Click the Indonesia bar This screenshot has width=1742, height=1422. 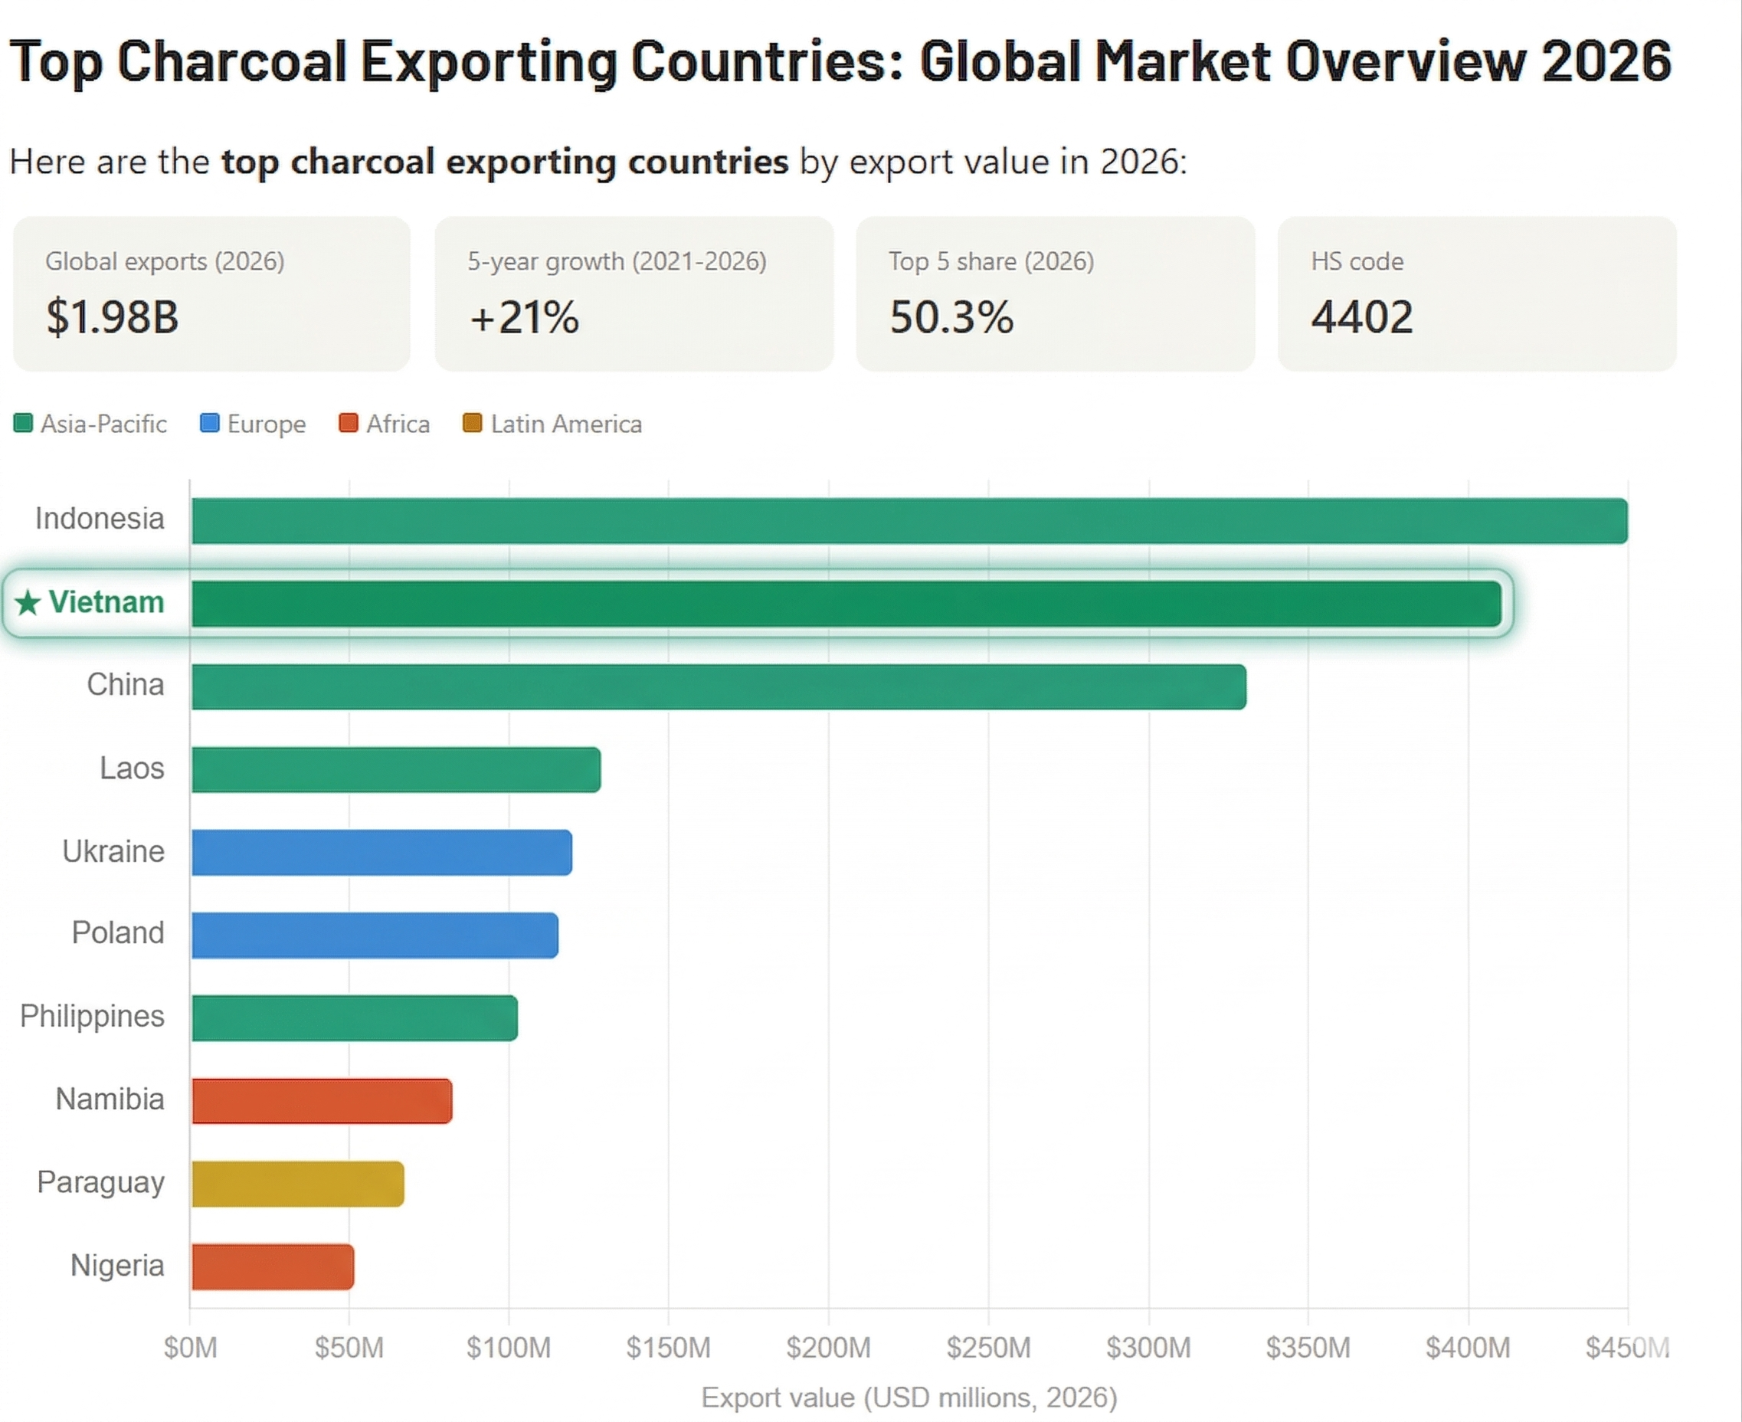[909, 521]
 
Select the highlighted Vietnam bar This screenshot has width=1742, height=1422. [845, 605]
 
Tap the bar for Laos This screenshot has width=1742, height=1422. [395, 770]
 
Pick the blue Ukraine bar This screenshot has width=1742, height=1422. [381, 853]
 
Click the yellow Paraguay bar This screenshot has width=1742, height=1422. [298, 1184]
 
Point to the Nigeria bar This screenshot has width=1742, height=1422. [273, 1267]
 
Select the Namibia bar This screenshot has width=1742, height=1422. [322, 1101]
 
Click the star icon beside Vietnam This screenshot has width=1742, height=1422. [28, 603]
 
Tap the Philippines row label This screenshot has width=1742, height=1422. [92, 1017]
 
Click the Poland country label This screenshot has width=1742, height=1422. [118, 933]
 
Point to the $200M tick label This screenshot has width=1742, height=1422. [828, 1348]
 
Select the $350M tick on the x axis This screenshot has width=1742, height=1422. [1308, 1348]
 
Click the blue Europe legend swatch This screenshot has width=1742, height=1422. [210, 424]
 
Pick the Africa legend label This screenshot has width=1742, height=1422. [398, 424]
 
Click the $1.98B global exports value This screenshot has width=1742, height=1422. [112, 317]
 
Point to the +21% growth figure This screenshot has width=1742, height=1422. [524, 317]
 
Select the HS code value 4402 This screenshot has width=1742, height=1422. [1361, 317]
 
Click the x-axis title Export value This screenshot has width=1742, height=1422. [909, 1397]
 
